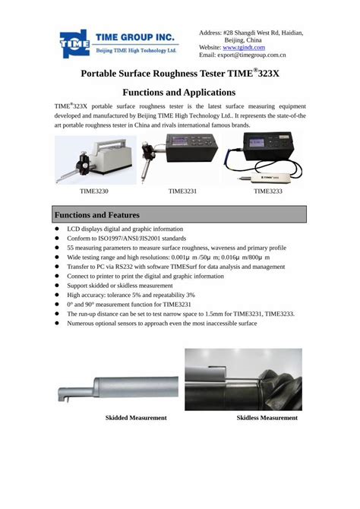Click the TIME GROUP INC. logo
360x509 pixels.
118,43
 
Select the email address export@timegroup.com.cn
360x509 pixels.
254,55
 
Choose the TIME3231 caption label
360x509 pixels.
183,191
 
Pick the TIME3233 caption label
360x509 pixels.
268,191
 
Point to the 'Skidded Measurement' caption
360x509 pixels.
136,418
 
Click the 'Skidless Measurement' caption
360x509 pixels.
267,418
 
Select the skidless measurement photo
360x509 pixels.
243,379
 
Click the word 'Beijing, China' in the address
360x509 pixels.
251,39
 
